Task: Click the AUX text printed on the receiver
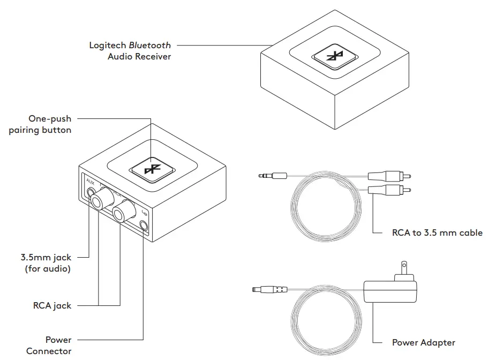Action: (x=90, y=181)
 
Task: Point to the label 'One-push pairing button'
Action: (x=40, y=124)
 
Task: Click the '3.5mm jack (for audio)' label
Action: (x=48, y=263)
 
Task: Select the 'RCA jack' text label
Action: (x=51, y=305)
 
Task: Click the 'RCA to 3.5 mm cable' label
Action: (x=437, y=232)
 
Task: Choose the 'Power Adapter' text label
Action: (x=423, y=342)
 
